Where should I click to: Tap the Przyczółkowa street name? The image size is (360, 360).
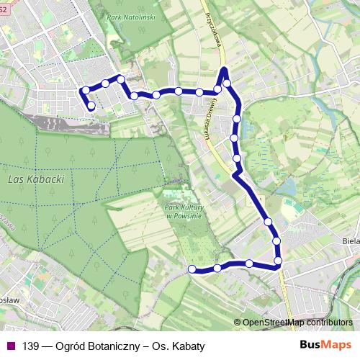(210, 30)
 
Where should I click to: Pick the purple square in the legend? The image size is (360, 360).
(11, 346)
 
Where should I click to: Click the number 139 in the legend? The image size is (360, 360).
(31, 346)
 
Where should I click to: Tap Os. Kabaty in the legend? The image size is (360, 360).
(180, 346)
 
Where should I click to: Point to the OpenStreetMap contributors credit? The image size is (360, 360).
(297, 323)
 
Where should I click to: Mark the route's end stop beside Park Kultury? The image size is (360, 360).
(192, 269)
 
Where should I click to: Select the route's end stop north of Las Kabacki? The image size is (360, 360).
(91, 107)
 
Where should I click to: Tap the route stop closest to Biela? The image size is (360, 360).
(278, 258)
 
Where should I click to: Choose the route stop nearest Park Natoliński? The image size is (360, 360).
(121, 79)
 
